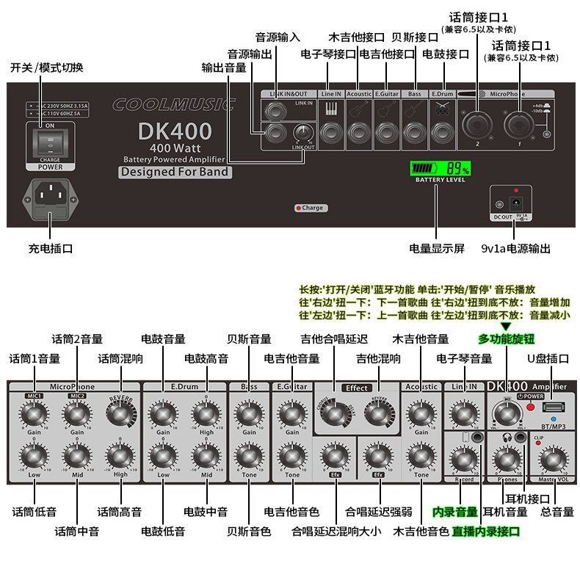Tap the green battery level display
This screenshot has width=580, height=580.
[x=440, y=168]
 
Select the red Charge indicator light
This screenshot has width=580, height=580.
[x=298, y=208]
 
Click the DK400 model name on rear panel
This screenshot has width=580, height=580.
[x=175, y=132]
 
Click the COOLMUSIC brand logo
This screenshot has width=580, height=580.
[x=174, y=104]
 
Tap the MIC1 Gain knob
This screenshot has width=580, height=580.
[x=33, y=416]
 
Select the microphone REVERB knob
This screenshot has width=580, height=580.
[x=120, y=416]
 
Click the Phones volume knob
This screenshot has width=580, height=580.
[x=506, y=460]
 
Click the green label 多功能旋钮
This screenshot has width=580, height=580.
[x=506, y=339]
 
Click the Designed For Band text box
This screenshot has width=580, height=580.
[x=175, y=173]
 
